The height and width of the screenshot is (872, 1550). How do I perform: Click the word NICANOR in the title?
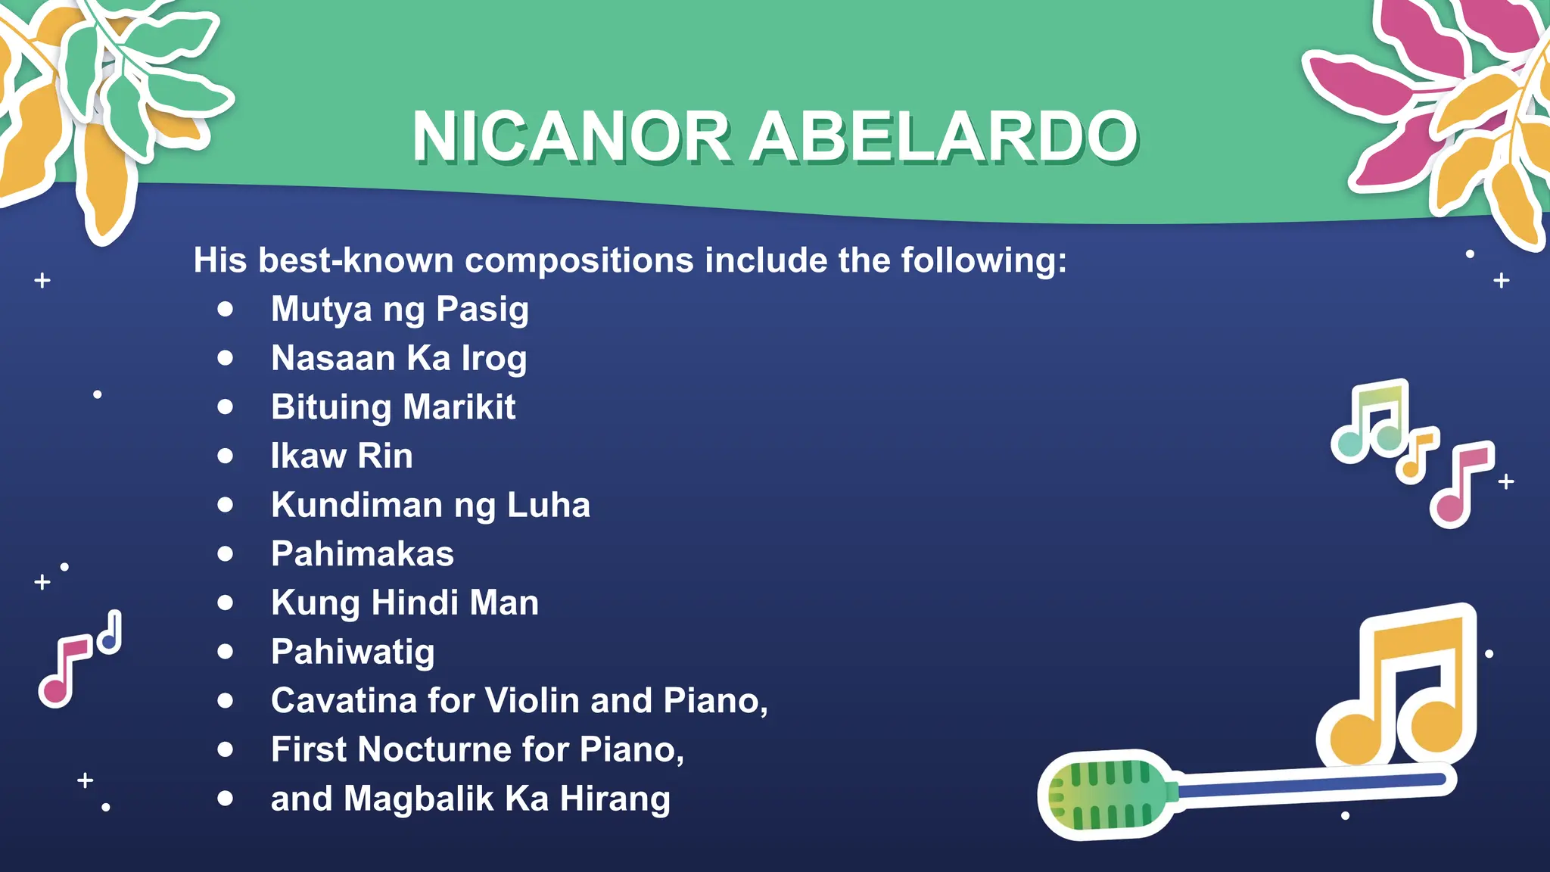click(571, 137)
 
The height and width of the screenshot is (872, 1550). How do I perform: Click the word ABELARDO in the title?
click(944, 137)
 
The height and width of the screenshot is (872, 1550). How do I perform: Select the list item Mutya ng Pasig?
click(400, 310)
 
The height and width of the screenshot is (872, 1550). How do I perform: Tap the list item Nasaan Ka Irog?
click(399, 359)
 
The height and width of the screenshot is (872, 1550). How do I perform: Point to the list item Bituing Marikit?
click(393, 407)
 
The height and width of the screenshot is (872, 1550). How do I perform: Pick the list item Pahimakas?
click(363, 554)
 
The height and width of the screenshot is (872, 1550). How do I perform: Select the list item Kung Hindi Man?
click(405, 603)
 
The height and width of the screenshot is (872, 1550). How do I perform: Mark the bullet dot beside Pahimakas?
click(225, 554)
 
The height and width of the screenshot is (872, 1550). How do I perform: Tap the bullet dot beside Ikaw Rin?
click(225, 456)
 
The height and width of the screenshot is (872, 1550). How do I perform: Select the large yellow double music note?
click(1400, 689)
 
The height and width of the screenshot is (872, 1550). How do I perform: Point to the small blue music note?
click(110, 633)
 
